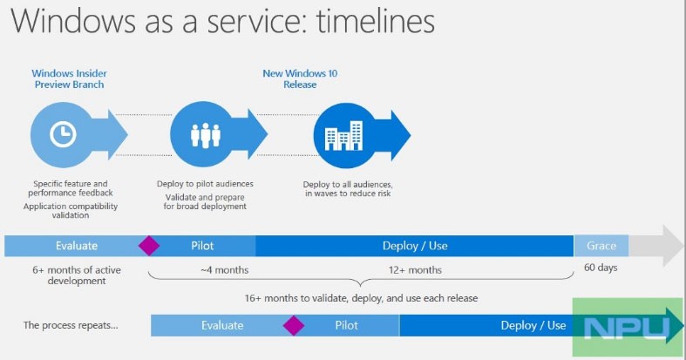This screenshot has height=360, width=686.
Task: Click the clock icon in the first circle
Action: [x=63, y=134]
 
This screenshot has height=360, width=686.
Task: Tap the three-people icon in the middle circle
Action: [x=205, y=135]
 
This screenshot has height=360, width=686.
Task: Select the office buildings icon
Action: [x=344, y=136]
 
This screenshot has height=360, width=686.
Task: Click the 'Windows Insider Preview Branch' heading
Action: [x=69, y=78]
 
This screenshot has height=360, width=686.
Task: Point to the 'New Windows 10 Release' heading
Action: [x=300, y=78]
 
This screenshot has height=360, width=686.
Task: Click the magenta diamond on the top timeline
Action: [x=149, y=246]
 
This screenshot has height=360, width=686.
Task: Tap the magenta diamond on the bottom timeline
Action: [x=294, y=325]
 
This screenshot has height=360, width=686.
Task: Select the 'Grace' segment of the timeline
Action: [x=601, y=246]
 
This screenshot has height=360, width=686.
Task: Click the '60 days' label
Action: [x=601, y=268]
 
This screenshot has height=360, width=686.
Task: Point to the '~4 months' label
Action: [x=224, y=270]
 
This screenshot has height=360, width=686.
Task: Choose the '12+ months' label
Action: [x=415, y=270]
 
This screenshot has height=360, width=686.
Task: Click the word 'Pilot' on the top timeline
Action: [x=202, y=246]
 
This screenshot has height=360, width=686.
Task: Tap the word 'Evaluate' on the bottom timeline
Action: [x=222, y=325]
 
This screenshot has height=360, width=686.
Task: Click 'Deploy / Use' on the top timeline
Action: [x=415, y=246]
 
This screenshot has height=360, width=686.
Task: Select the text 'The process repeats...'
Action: [x=71, y=325]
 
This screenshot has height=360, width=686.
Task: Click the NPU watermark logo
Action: [x=628, y=327]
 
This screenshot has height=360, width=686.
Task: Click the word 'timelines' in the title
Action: [x=376, y=21]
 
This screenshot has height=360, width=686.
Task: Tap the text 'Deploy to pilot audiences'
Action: [x=205, y=184]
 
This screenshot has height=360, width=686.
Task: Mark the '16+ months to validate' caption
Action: [x=361, y=298]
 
